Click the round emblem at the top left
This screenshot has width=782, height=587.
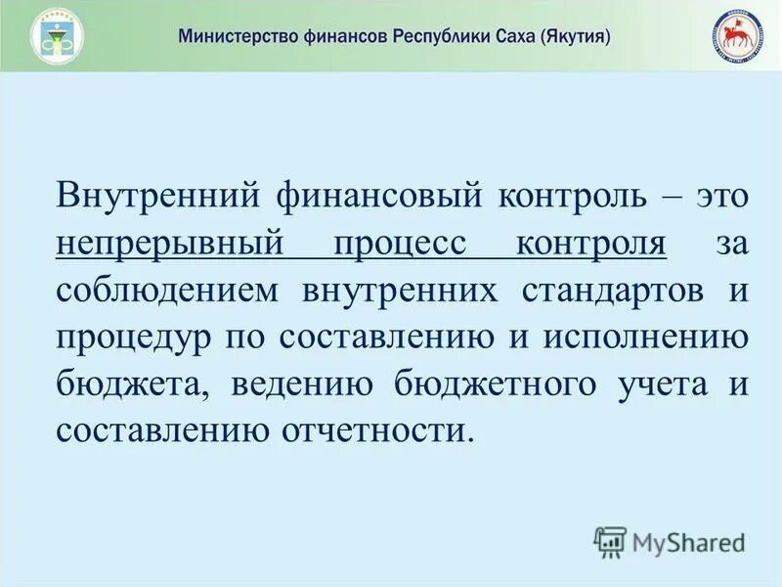pos(57,37)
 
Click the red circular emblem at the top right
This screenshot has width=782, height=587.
pos(738,37)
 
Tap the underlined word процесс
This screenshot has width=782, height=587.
pos(399,241)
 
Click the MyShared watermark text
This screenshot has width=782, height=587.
pos(688,541)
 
